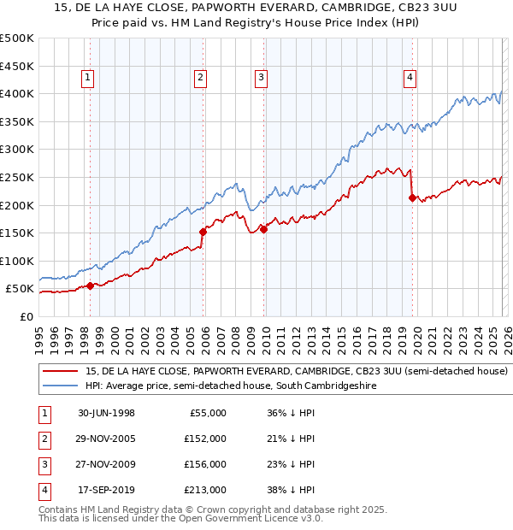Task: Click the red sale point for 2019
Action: point(412,198)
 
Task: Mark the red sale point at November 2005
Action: point(203,232)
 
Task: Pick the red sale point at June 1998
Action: point(91,286)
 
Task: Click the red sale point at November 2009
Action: point(263,229)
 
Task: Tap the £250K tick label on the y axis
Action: point(17,177)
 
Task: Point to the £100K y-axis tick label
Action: point(17,261)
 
